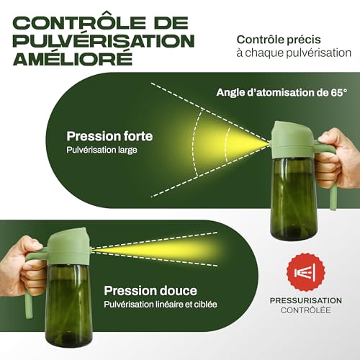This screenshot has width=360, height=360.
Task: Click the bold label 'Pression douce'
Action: point(150,290)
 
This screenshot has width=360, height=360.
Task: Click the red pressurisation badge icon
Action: point(306,272)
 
